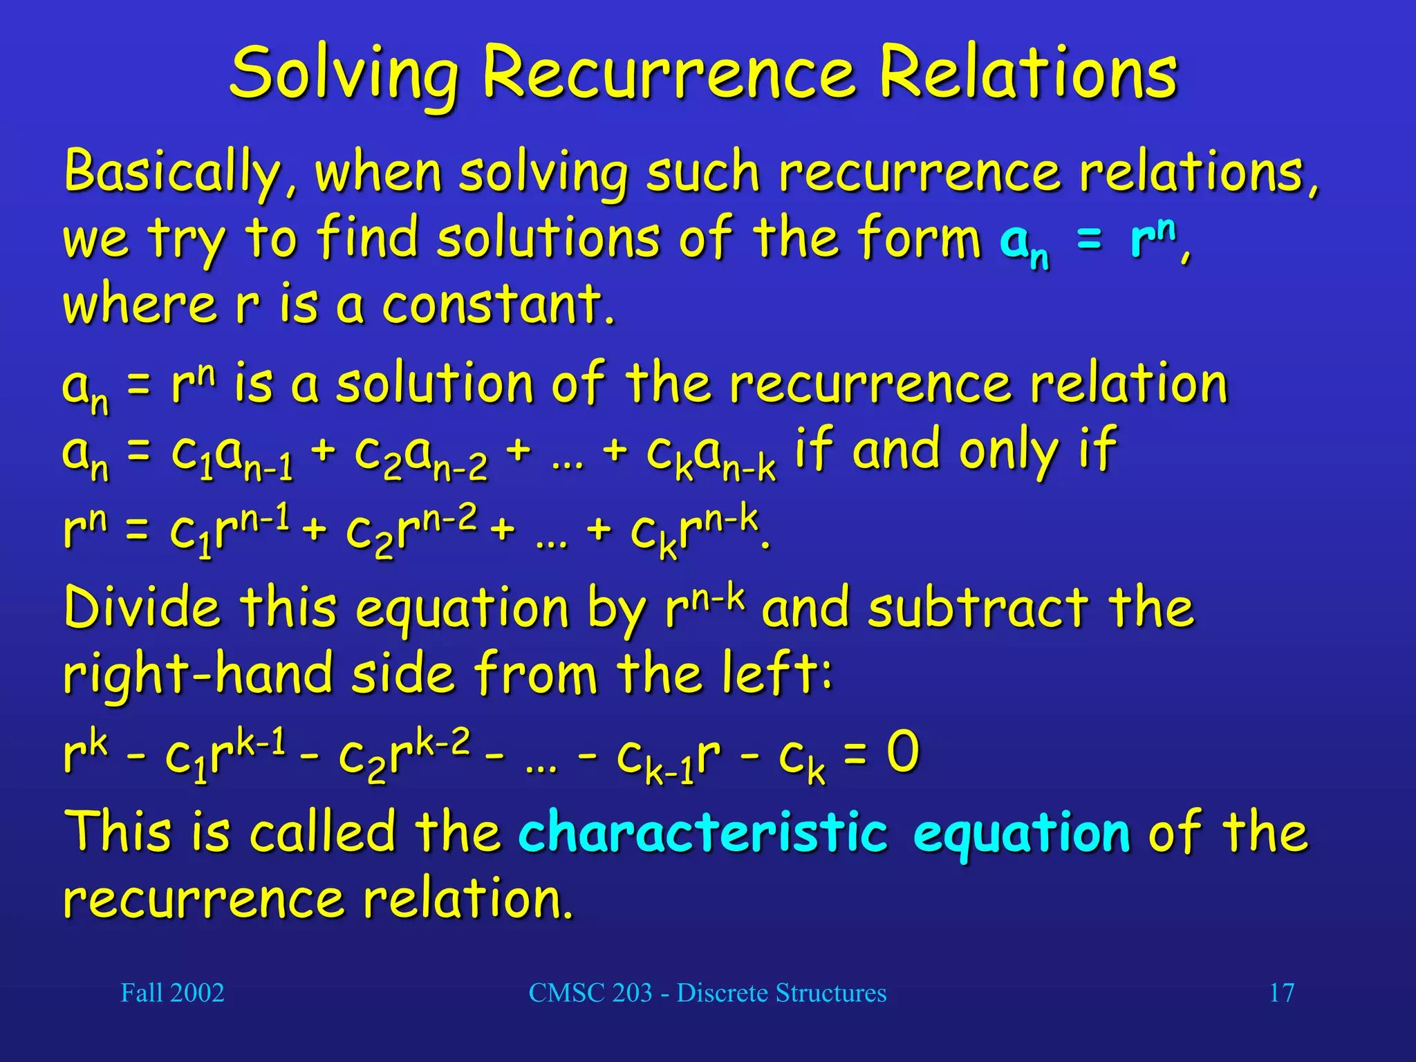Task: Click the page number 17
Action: pyautogui.click(x=1281, y=993)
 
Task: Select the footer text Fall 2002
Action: pyautogui.click(x=172, y=993)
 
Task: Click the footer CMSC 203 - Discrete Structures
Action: pyautogui.click(x=707, y=993)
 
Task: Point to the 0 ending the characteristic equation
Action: pyautogui.click(x=902, y=752)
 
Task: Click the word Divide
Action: pyautogui.click(x=142, y=608)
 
